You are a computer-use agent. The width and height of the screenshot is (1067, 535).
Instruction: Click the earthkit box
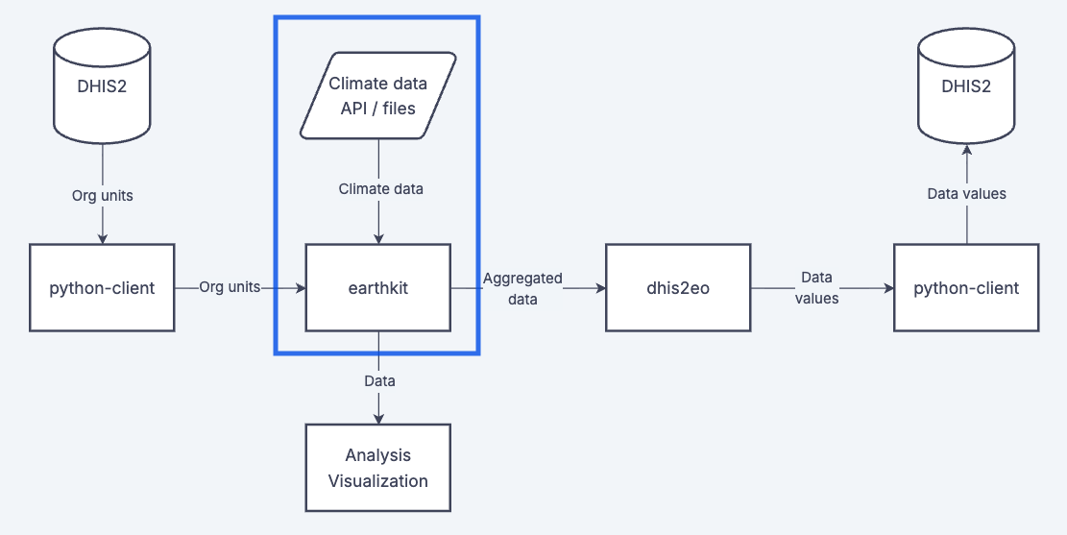(x=377, y=287)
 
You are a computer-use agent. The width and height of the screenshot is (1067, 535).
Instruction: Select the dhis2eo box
(x=678, y=287)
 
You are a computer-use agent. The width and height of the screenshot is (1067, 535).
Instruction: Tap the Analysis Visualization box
(x=377, y=468)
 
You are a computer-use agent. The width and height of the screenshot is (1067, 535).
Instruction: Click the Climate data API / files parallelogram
(x=377, y=96)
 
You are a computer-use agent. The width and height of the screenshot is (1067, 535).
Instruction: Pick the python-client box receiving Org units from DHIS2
(x=102, y=287)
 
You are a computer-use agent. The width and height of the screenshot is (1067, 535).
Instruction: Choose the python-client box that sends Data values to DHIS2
(x=966, y=287)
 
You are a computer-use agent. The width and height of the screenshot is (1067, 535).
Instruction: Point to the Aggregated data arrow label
(x=522, y=288)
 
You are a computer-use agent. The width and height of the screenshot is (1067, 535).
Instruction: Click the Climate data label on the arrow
(x=380, y=189)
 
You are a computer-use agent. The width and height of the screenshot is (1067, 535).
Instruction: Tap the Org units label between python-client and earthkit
(x=230, y=287)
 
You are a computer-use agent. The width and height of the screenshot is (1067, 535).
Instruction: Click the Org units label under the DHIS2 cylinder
(x=102, y=195)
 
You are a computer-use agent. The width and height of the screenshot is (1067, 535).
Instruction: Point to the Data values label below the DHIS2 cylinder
(x=966, y=194)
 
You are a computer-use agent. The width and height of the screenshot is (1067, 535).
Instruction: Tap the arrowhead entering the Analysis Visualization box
(x=378, y=418)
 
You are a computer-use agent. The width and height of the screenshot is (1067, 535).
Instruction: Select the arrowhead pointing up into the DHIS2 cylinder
(x=966, y=151)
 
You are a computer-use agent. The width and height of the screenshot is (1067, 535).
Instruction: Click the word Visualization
(x=377, y=480)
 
